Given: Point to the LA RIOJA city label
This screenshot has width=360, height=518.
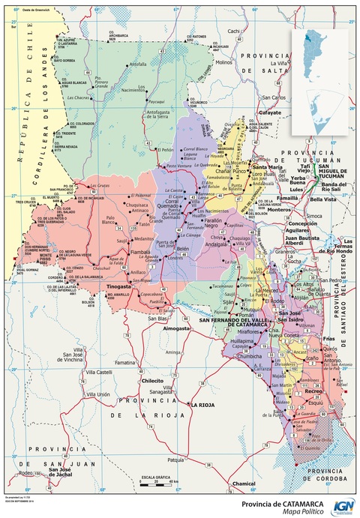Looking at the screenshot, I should pyautogui.click(x=202, y=406).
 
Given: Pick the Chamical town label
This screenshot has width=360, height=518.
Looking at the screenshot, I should pyautogui.click(x=244, y=484).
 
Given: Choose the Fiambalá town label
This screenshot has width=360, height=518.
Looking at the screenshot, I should pyautogui.click(x=141, y=253).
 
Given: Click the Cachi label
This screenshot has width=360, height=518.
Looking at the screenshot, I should pyautogui.click(x=234, y=31).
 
